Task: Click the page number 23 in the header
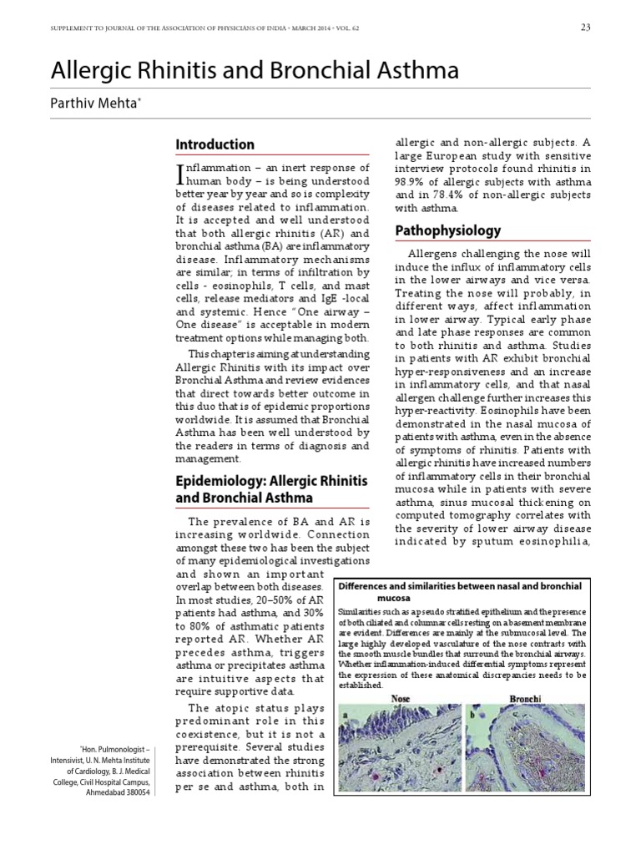point(585,28)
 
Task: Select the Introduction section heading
point(215,144)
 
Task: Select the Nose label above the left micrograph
point(401,698)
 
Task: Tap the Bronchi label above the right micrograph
point(525,698)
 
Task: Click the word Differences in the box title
point(364,587)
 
